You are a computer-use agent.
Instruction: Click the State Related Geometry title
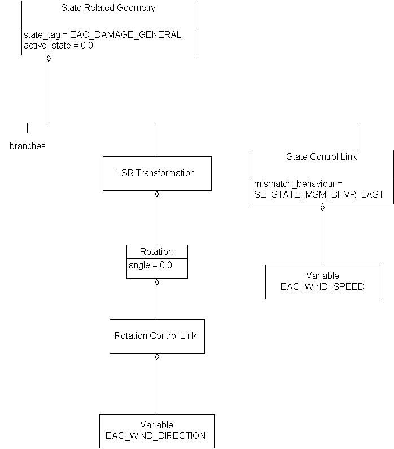[108, 8]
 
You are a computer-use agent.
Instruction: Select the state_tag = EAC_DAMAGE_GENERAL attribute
[102, 35]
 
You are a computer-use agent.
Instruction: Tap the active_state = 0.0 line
[58, 46]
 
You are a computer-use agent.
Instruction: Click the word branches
[28, 146]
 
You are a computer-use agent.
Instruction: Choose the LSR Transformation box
[157, 173]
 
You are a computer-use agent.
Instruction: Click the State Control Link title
[322, 156]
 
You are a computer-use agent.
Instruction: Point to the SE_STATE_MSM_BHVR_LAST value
[319, 194]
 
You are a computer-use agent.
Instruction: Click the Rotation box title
[156, 251]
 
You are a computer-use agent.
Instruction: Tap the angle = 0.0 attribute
[150, 265]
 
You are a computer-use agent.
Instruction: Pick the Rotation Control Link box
[156, 335]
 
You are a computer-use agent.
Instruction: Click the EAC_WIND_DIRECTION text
[156, 435]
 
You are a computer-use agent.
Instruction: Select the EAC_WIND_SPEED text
[322, 286]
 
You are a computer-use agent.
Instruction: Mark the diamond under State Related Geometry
[49, 59]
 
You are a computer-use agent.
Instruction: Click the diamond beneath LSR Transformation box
[157, 194]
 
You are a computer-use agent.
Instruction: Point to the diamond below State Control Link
[322, 208]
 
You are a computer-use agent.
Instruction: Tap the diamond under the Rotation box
[157, 282]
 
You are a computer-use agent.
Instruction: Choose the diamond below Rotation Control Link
[157, 357]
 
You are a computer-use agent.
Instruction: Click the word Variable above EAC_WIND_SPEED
[322, 276]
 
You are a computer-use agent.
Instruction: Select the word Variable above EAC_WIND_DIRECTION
[156, 425]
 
